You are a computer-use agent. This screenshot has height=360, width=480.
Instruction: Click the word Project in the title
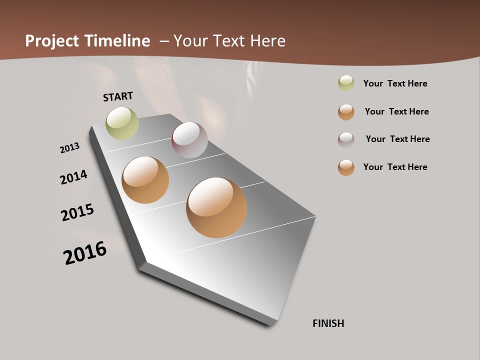point(52,41)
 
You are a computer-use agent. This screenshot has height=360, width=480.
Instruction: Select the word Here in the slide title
point(267,41)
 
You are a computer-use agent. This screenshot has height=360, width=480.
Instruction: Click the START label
point(118,96)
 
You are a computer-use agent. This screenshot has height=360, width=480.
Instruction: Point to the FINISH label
point(328,323)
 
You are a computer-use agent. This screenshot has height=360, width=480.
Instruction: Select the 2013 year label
point(69,147)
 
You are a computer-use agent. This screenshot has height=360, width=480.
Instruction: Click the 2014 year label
point(73,177)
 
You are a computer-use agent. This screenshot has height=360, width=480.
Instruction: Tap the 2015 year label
point(77,212)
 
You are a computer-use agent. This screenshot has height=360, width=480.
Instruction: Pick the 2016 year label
point(85,253)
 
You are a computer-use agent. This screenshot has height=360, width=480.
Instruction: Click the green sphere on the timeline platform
point(122,123)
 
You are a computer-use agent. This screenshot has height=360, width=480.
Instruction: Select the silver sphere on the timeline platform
point(189,140)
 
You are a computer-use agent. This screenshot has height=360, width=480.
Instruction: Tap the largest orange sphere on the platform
point(216,207)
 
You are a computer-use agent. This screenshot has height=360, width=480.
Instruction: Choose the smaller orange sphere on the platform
point(145,180)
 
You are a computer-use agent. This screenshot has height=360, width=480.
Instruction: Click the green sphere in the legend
point(346,83)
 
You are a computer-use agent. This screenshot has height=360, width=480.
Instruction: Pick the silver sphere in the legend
point(346,140)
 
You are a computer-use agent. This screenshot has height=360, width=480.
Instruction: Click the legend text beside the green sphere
point(395,83)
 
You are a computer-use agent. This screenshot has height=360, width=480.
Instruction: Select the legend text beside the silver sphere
point(397,139)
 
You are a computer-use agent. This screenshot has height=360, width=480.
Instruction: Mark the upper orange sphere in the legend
point(346,112)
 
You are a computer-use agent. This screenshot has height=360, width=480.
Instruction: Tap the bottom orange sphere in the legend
point(346,167)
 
